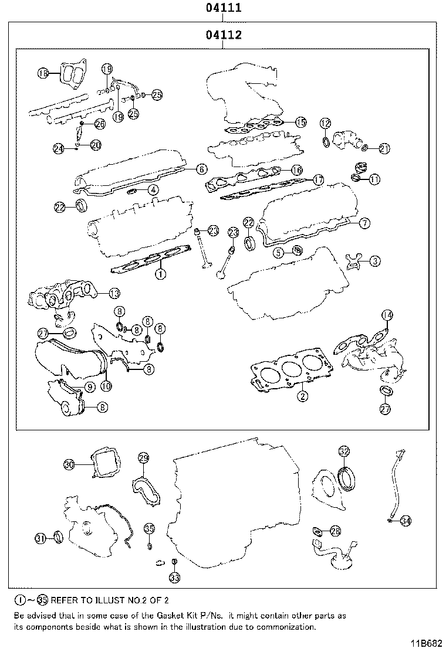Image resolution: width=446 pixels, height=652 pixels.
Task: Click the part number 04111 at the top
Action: (x=223, y=8)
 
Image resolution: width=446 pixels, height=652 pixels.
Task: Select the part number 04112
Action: (x=223, y=36)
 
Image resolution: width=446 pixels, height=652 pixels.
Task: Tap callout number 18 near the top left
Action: (x=43, y=73)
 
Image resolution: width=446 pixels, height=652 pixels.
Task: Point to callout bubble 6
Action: (x=201, y=169)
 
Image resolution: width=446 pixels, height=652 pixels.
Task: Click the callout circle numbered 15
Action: (x=300, y=122)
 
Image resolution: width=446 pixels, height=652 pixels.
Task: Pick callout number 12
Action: (x=325, y=123)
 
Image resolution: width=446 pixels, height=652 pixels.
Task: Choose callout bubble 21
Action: (x=384, y=148)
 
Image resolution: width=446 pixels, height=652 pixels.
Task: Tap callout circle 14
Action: (x=386, y=315)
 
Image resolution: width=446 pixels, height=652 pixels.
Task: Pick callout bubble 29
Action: (x=143, y=458)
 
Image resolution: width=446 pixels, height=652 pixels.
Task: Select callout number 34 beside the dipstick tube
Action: (x=406, y=519)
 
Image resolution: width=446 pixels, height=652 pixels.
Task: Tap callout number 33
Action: (x=174, y=578)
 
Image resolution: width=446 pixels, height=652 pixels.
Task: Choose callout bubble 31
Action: (x=40, y=538)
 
